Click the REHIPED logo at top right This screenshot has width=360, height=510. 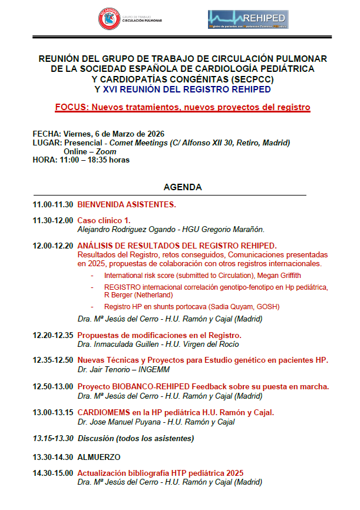click(247, 19)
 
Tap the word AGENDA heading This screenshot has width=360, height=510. click(183, 187)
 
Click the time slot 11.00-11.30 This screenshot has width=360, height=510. click(53, 205)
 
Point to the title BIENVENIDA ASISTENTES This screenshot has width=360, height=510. click(127, 205)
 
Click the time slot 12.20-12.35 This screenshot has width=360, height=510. click(53, 335)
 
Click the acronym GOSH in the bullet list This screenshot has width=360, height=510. click(268, 307)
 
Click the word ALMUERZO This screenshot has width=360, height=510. click(99, 456)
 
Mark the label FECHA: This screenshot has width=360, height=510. click(47, 134)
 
